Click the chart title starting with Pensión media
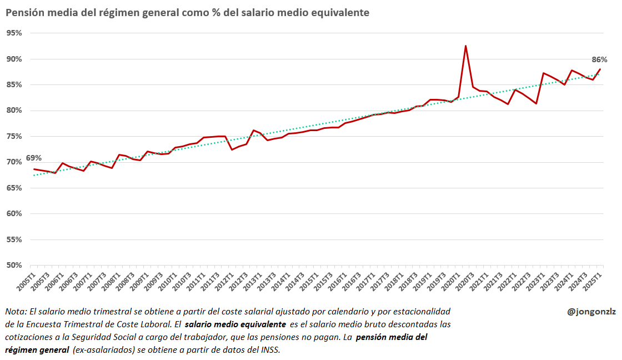tap(188, 12)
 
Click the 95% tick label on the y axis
tap(14, 33)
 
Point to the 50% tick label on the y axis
tap(14, 266)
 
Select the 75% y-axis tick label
tap(14, 137)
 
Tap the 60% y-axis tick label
tap(14, 214)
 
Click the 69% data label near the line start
tap(33, 158)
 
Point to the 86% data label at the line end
tap(599, 59)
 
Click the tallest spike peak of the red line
tap(465, 46)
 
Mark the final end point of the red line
tap(600, 69)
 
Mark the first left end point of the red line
tap(34, 169)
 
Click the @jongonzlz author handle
tap(590, 312)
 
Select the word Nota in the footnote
tap(15, 311)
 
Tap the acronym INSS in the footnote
tap(268, 350)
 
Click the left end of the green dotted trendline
tap(34, 175)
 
